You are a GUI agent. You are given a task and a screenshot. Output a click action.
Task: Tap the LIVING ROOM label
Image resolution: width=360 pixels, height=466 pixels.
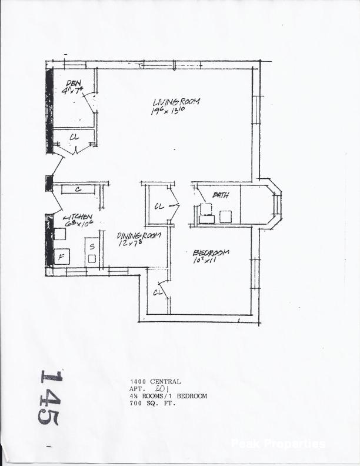click(176, 103)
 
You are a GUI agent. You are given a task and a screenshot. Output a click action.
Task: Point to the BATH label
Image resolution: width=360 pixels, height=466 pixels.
click(220, 195)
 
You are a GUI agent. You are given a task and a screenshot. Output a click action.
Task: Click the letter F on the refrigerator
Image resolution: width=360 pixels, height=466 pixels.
click(59, 257)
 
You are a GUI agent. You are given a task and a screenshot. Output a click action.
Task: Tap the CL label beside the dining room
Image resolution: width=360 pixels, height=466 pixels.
click(159, 207)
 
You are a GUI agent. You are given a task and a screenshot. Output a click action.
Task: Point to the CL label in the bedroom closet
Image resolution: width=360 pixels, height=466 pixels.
click(158, 292)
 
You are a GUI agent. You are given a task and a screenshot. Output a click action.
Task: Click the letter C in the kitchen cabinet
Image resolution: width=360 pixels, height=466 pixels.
click(79, 189)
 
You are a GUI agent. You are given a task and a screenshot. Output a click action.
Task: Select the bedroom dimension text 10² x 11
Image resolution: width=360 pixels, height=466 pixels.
click(205, 259)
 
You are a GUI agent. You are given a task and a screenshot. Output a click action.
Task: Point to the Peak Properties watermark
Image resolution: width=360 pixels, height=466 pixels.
click(278, 444)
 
